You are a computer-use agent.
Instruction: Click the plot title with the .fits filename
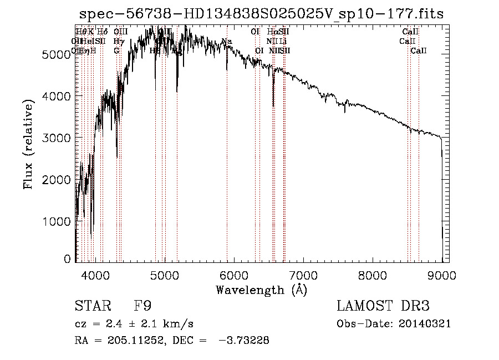[261, 14]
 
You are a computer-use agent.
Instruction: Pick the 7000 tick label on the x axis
[303, 275]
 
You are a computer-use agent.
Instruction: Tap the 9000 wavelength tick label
[442, 275]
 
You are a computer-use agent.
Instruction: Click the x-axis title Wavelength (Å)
[261, 290]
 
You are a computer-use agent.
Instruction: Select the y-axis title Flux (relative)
[28, 144]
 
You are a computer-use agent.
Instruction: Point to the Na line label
[226, 42]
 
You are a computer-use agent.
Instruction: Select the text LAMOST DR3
[383, 306]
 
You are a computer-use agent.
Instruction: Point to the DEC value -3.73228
[244, 341]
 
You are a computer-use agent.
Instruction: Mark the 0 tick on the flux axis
[68, 259]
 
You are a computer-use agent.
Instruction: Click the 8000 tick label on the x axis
[373, 275]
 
